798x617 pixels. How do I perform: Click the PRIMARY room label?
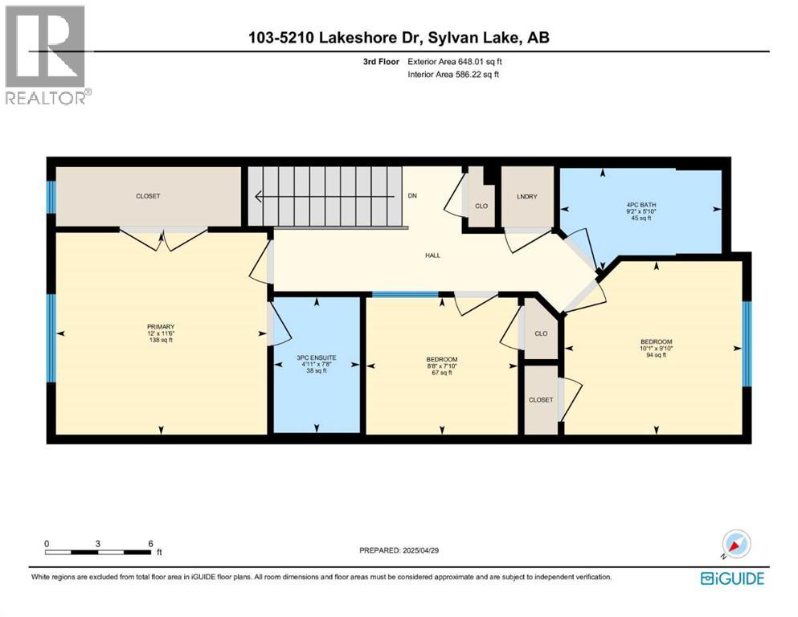[x=160, y=326]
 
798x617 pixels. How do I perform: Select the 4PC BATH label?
[x=640, y=205]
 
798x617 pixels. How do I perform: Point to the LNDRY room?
[x=527, y=197]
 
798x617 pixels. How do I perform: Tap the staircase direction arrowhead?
[x=260, y=196]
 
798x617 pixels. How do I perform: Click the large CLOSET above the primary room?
[x=148, y=196]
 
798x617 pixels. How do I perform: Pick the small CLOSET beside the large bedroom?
[x=541, y=399]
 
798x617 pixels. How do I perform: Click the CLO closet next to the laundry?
[x=481, y=206]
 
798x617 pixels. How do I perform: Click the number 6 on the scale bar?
[x=149, y=544]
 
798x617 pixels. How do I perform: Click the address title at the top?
[x=399, y=37]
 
